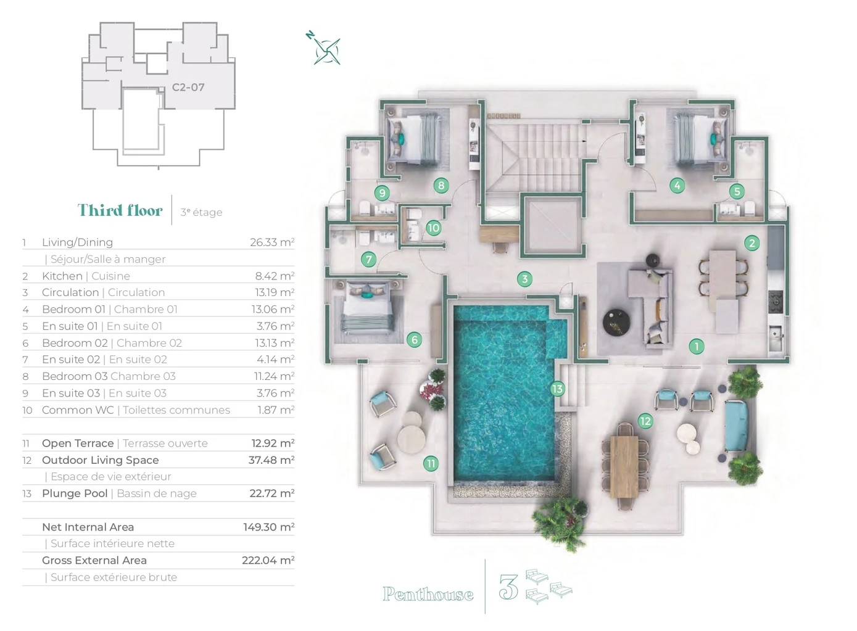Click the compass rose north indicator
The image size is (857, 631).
(310, 35)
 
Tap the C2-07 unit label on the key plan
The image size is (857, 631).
(188, 87)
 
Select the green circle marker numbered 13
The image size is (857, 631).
(557, 389)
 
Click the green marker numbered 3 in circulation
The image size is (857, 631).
(524, 279)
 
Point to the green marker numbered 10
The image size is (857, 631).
(434, 228)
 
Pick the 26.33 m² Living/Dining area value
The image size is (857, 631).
(272, 242)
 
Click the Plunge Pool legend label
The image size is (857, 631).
(75, 493)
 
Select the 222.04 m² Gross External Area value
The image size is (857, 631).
(268, 560)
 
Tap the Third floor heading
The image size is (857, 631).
(120, 210)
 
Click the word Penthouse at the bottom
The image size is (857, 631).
(428, 594)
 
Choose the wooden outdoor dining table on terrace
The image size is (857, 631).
(624, 467)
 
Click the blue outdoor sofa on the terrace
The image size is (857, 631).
(737, 426)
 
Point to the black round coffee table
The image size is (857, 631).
(616, 323)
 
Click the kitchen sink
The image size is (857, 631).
(776, 338)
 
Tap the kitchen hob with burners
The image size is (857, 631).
(776, 302)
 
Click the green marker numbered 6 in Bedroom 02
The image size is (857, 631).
(415, 340)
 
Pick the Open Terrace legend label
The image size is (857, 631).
(78, 443)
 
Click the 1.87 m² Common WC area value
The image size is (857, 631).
(276, 410)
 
